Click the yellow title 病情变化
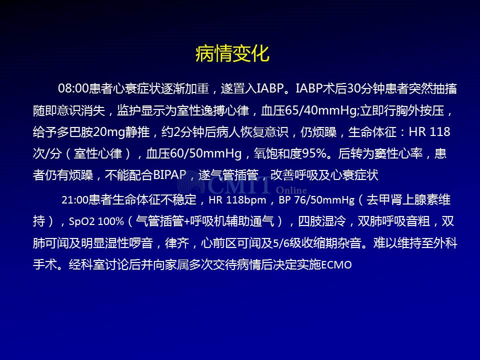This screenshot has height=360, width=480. [x=232, y=53]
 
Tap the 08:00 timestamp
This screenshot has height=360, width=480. [x=73, y=89]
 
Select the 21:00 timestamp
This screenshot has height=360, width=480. [x=75, y=200]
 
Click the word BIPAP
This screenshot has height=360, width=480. [x=169, y=175]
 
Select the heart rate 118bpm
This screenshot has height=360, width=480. [x=246, y=200]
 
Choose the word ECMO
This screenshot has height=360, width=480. [x=336, y=265]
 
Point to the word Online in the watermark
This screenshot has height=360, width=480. [x=291, y=190]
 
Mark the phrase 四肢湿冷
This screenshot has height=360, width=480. [x=322, y=221]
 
